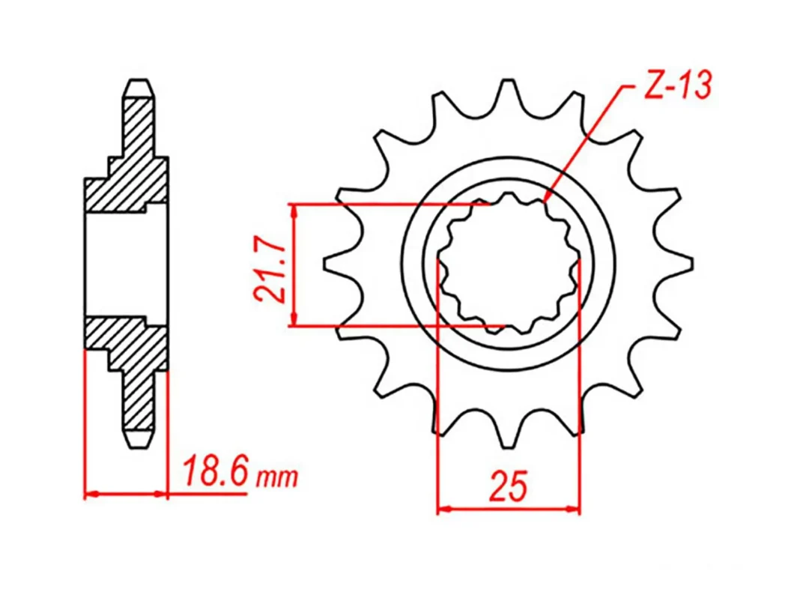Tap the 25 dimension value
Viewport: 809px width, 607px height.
[x=509, y=486]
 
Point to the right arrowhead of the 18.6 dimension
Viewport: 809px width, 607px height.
[x=163, y=495]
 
